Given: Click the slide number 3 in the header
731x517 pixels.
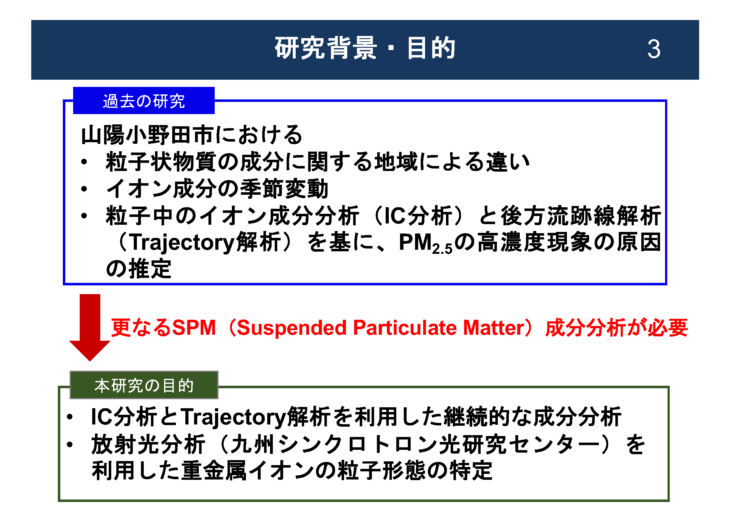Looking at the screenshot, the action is (x=654, y=49).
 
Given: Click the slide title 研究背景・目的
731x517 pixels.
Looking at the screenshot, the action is (x=365, y=48).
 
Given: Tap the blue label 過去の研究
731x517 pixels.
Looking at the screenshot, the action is (x=143, y=101).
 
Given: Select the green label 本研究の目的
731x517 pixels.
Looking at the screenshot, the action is (x=144, y=385).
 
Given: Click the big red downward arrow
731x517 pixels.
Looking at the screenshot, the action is (x=90, y=327).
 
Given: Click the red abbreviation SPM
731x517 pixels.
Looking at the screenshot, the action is (x=194, y=328).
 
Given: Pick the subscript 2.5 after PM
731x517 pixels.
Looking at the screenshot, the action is (x=442, y=249).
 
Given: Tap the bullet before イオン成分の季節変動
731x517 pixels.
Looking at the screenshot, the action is (x=84, y=189).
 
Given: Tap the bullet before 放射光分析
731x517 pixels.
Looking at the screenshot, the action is (x=70, y=444).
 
